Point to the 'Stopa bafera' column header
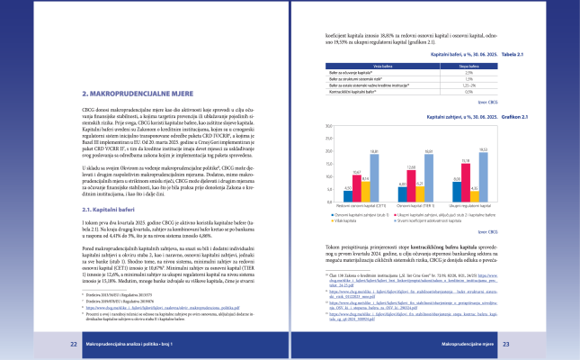coord(468,65)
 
